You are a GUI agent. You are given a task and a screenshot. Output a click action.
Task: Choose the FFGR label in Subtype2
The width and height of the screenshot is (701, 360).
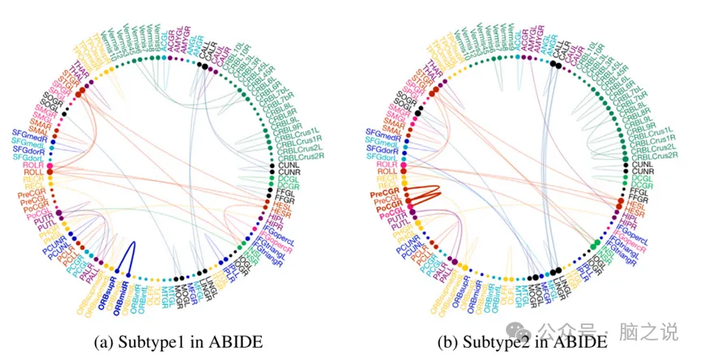pos(639,197)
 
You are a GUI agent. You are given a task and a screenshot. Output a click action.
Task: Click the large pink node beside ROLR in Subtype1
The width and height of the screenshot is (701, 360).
pos(49,167)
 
